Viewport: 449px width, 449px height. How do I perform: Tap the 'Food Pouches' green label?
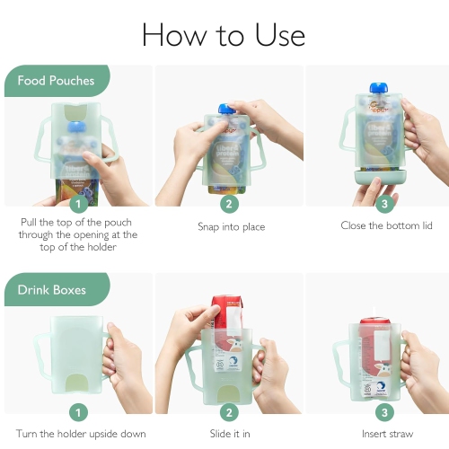click(x=56, y=81)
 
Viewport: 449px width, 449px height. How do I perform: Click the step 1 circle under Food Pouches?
click(x=79, y=204)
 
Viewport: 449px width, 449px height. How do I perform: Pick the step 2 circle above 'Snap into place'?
click(x=231, y=204)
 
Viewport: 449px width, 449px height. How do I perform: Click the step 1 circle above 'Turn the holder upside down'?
click(x=79, y=413)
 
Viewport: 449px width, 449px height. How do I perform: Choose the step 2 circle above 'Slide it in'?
click(x=231, y=413)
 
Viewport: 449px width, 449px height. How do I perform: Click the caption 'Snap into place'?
click(x=231, y=227)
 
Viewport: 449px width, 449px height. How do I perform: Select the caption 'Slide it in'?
click(x=231, y=435)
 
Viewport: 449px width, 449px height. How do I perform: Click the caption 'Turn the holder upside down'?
click(x=81, y=435)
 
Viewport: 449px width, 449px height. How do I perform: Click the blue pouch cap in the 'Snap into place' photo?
click(x=229, y=109)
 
